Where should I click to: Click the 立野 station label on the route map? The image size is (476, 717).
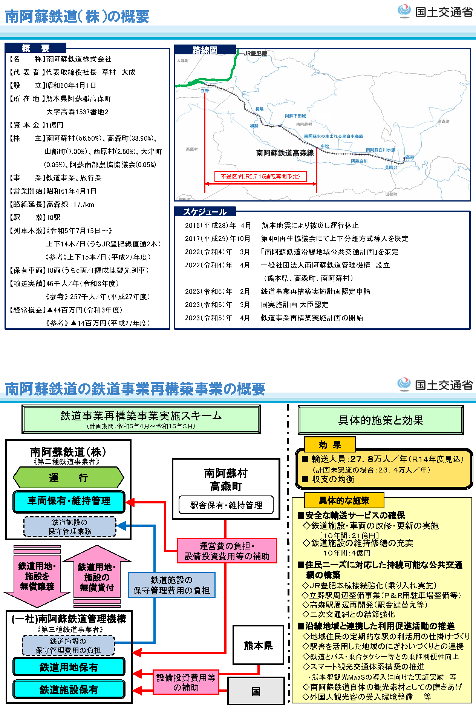(x=205, y=91)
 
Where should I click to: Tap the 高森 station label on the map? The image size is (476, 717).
(x=410, y=157)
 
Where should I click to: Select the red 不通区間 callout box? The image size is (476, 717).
(x=260, y=177)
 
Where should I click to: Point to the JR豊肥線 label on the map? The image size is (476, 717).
(x=255, y=54)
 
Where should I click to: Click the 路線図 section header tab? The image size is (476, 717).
(x=205, y=50)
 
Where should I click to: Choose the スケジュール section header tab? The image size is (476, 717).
(x=205, y=212)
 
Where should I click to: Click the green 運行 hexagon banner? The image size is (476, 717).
(x=68, y=477)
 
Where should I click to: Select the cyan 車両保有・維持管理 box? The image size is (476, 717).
(x=69, y=501)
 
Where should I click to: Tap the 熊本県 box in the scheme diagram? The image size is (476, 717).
(x=258, y=645)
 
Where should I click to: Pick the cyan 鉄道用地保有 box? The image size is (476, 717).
(x=69, y=667)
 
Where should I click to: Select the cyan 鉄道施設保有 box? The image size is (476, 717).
(x=69, y=689)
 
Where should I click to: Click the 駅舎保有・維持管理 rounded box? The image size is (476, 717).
(x=226, y=505)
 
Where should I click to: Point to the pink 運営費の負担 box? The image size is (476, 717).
(x=227, y=551)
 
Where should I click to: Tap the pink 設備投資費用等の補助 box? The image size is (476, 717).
(x=186, y=682)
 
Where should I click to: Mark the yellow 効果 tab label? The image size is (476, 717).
(x=330, y=445)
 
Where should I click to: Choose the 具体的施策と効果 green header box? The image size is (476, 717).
(x=381, y=420)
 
